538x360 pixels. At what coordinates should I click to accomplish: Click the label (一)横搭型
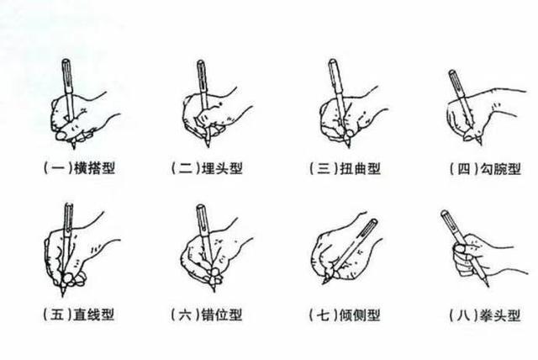[79, 168]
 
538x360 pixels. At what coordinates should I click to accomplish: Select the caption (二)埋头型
[207, 168]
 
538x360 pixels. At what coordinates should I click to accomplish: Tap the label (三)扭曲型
[345, 168]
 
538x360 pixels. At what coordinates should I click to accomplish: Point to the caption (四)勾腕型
[485, 168]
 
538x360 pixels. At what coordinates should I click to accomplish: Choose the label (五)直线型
[78, 315]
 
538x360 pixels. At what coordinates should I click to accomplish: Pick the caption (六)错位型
[207, 315]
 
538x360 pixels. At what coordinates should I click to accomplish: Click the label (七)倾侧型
[345, 315]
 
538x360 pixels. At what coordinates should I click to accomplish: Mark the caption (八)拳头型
[485, 315]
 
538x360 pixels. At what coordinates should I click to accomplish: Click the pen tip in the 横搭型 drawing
[73, 147]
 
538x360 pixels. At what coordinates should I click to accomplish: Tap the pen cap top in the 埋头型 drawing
[201, 62]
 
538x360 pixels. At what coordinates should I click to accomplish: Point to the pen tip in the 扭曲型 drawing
[349, 146]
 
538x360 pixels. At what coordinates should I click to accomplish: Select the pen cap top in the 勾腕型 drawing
[452, 72]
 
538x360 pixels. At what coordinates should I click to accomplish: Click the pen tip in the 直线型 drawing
[63, 295]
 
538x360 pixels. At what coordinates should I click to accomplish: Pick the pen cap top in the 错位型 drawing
[200, 207]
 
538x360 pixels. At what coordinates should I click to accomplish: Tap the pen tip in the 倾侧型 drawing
[324, 283]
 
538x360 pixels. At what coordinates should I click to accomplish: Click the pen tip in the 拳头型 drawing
[487, 285]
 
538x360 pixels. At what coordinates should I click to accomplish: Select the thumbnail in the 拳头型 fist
[459, 248]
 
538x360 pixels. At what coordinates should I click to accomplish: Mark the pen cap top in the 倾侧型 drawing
[373, 221]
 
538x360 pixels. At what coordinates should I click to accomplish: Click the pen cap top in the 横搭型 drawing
[66, 61]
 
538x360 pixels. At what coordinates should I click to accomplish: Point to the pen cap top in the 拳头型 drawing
[445, 213]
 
